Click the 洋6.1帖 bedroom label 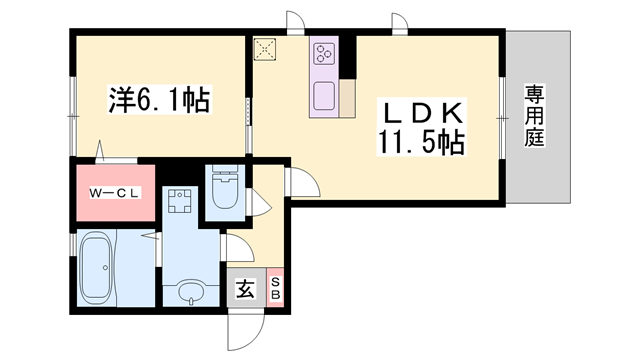[x=159, y=100]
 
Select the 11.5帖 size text [x=421, y=142]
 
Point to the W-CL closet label [x=114, y=193]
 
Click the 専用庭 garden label [x=534, y=116]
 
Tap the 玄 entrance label [x=245, y=289]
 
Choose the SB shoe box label [x=276, y=288]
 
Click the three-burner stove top [x=324, y=53]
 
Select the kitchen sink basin [x=324, y=96]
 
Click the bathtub [x=96, y=269]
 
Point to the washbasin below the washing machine [x=191, y=291]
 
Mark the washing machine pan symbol [x=180, y=201]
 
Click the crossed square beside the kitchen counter [x=264, y=49]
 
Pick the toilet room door [x=260, y=202]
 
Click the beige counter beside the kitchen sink [x=347, y=99]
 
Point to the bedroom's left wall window [x=73, y=117]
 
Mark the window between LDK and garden [x=502, y=118]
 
